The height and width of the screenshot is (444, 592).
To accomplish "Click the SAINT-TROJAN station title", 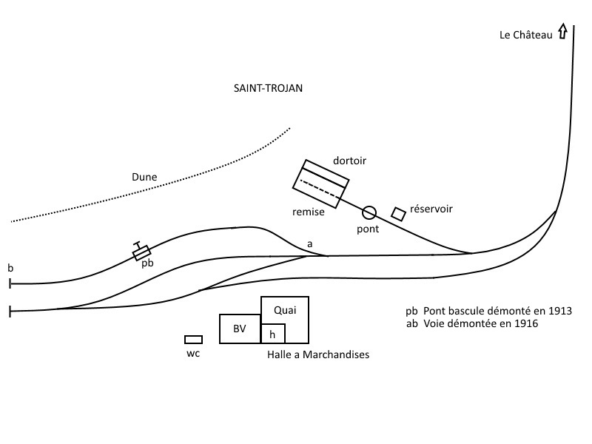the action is (x=268, y=88).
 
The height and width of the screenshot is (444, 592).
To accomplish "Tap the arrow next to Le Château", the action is (x=562, y=31).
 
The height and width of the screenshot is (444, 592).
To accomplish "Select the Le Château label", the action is (x=526, y=35).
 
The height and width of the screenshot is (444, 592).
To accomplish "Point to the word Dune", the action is (x=144, y=177).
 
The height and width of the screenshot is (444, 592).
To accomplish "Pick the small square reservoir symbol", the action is (x=398, y=214).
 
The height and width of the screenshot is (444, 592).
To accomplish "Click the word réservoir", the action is (x=431, y=209).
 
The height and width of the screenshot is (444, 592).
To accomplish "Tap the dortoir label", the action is (x=349, y=161).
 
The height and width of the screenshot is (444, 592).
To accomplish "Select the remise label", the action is (x=309, y=212).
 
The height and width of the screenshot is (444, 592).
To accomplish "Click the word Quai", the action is (x=285, y=310).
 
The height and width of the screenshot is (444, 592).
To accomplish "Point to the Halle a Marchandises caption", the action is (x=318, y=354).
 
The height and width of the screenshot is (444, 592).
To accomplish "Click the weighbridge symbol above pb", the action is (x=141, y=253).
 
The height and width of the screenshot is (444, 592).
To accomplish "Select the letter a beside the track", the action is (x=310, y=244).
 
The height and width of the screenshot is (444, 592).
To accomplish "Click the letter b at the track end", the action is (x=10, y=268).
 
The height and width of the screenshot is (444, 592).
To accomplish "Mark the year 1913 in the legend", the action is (x=560, y=311).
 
